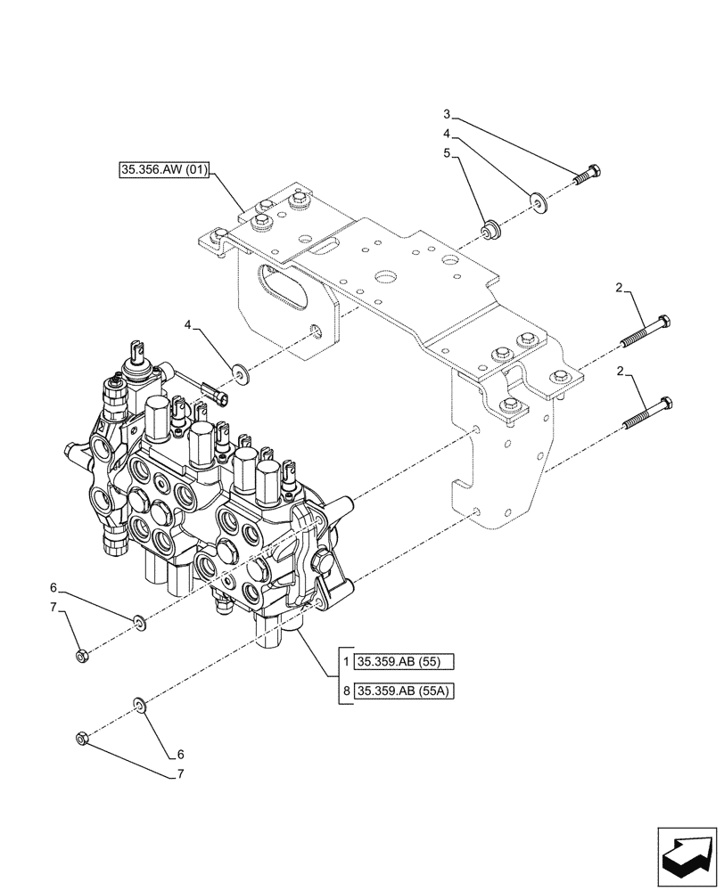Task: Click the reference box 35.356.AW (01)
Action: (163, 170)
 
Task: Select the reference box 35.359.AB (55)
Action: (405, 662)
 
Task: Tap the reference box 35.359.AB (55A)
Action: (405, 691)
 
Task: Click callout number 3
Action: (448, 114)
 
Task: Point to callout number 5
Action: (448, 153)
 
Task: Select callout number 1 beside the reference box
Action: (346, 662)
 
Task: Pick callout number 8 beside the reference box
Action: (346, 691)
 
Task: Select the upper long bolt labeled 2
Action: (646, 332)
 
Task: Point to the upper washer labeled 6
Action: (140, 620)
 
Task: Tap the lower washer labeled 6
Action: (140, 706)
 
